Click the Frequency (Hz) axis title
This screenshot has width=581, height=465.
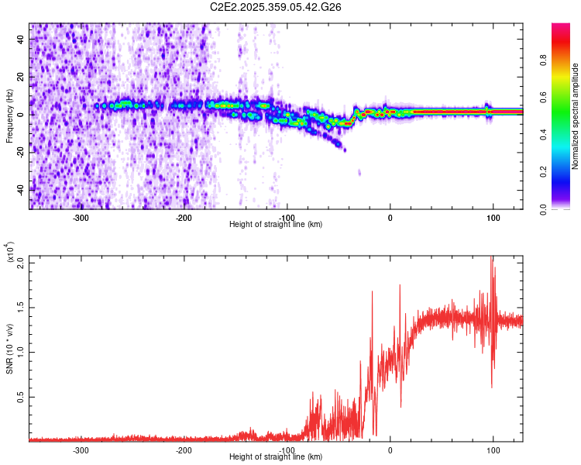coord(9,116)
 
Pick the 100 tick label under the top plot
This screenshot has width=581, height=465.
coord(493,218)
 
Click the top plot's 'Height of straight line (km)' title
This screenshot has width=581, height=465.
coord(276,225)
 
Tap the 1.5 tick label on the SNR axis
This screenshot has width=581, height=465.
coord(21,308)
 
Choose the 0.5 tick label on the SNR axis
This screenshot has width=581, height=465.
coord(21,397)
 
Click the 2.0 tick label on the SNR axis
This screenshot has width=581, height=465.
coord(21,263)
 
